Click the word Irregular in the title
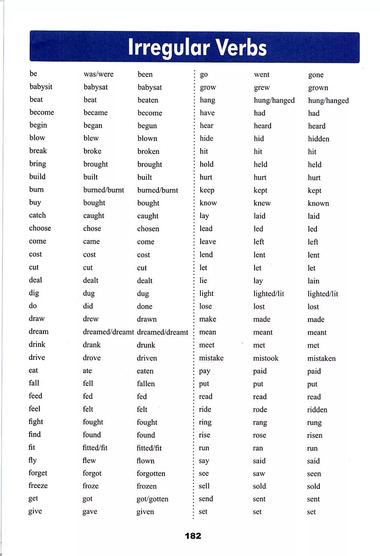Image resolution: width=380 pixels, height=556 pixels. (169, 47)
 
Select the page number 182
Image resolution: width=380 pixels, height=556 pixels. (193, 535)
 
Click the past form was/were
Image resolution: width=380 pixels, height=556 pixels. (99, 74)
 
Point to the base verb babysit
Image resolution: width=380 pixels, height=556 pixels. (41, 87)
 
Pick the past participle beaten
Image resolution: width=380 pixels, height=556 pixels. (148, 100)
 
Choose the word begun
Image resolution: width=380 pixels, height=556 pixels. (147, 126)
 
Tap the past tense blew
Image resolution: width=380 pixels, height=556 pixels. (91, 138)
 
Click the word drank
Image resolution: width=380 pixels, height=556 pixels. (92, 345)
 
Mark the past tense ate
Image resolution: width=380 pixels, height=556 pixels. (87, 371)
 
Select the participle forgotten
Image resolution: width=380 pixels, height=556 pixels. (151, 474)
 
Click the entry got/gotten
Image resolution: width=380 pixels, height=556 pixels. (152, 499)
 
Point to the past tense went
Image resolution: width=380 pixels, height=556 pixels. (262, 74)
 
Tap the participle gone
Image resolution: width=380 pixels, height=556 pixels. (316, 75)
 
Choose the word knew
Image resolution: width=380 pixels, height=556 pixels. (262, 203)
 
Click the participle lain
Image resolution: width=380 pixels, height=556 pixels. (313, 281)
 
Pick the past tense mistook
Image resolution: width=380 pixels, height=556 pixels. (266, 358)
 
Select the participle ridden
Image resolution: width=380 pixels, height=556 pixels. (317, 410)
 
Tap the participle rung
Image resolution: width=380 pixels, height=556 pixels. (314, 423)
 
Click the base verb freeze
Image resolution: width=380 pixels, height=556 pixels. (38, 486)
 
